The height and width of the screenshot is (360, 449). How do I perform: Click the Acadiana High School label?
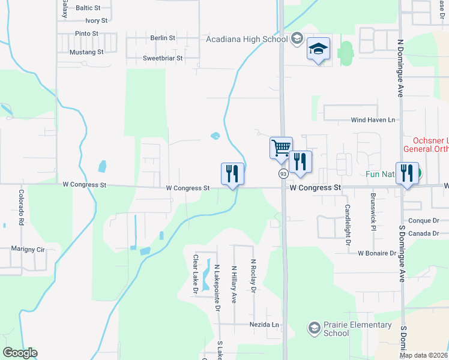tap(246, 39)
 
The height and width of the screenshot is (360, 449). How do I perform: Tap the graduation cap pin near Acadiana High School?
tap(319, 50)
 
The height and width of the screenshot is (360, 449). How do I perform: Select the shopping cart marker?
tap(280, 148)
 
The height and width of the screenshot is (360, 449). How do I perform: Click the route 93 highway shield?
tap(283, 173)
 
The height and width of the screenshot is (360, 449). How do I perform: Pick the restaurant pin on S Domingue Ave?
tap(408, 174)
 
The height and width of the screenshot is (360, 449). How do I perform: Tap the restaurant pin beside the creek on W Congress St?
tap(232, 175)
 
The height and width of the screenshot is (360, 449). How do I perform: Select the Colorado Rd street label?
tap(21, 207)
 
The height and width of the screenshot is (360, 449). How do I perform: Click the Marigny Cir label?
tap(28, 248)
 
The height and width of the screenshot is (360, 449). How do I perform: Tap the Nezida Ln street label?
tap(265, 325)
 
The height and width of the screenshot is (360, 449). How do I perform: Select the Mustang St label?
tap(86, 52)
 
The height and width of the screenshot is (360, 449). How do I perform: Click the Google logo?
tap(20, 353)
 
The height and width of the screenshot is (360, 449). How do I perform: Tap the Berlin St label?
tap(163, 38)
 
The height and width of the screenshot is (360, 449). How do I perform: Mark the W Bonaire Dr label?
tap(378, 253)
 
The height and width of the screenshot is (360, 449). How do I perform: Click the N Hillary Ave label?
tap(234, 284)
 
